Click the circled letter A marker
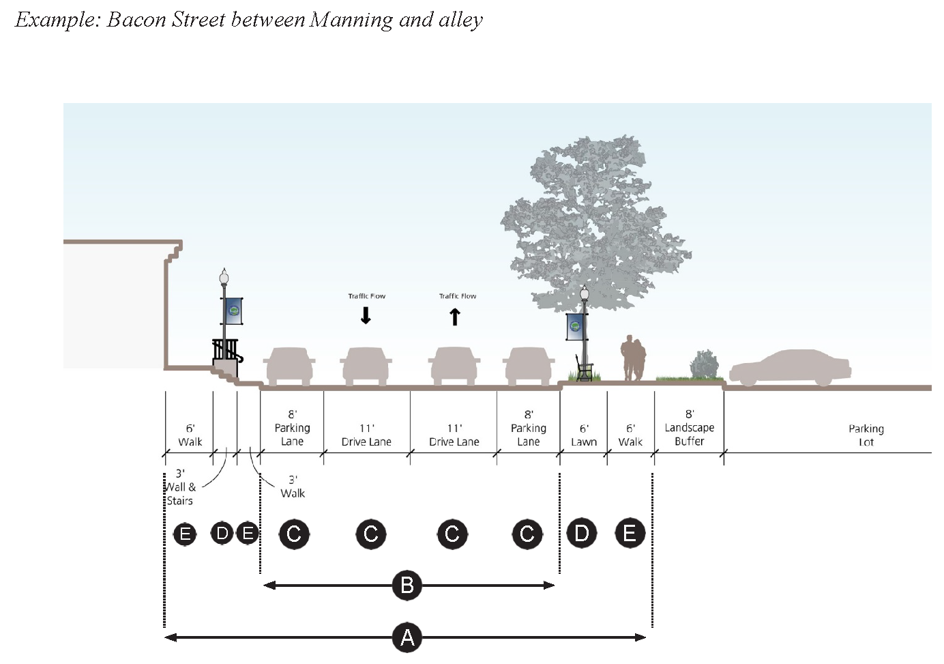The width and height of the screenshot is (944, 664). pyautogui.click(x=407, y=637)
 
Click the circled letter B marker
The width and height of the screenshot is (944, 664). pyautogui.click(x=407, y=585)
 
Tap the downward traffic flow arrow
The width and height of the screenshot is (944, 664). pyautogui.click(x=366, y=315)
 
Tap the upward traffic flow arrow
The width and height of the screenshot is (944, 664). pyautogui.click(x=455, y=317)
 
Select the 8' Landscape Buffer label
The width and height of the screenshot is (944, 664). pyautogui.click(x=689, y=428)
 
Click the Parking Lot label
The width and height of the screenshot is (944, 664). pyautogui.click(x=866, y=435)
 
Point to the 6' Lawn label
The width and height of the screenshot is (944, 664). pyautogui.click(x=584, y=435)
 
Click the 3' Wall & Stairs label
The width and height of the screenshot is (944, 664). pyautogui.click(x=180, y=487)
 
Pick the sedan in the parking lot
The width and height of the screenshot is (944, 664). pyautogui.click(x=790, y=369)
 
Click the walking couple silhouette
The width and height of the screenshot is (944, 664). pyautogui.click(x=633, y=358)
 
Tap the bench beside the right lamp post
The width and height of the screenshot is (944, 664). pyautogui.click(x=583, y=369)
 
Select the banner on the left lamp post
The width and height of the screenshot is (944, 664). pyautogui.click(x=233, y=311)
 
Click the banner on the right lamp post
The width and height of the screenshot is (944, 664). pyautogui.click(x=576, y=327)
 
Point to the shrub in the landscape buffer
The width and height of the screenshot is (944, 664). pyautogui.click(x=705, y=364)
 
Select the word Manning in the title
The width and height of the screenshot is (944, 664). pyautogui.click(x=351, y=20)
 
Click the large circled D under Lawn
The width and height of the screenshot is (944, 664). pyautogui.click(x=582, y=532)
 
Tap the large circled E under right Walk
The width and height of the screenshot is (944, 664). pyautogui.click(x=630, y=532)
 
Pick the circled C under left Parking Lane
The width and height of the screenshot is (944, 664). pyautogui.click(x=294, y=533)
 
